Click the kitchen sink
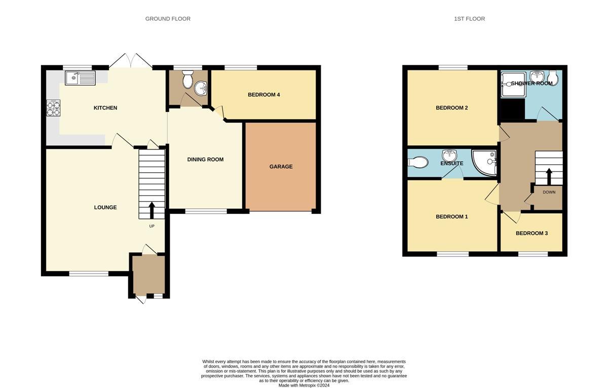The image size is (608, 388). pos(80,78)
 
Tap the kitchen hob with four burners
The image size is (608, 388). pos(53,108)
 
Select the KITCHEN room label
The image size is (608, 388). pos(105,108)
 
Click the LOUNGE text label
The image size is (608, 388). pos(105,207)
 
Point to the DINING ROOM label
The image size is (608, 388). pos(205,160)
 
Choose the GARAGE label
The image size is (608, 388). pos(281,167)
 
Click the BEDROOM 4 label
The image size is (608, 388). pos(263,95)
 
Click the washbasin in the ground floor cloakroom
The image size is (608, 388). pos(201,88)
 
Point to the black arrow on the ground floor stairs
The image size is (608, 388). pos(151,210)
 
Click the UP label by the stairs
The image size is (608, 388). pos(151,226)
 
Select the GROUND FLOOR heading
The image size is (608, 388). pos(168,19)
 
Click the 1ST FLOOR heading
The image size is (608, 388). pos(469,19)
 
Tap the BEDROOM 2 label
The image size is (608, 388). pos(451,108)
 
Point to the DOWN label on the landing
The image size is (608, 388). pos(549,192)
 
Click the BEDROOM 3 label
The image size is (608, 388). pos(531,234)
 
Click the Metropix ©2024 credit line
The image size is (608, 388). pos(304,385)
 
